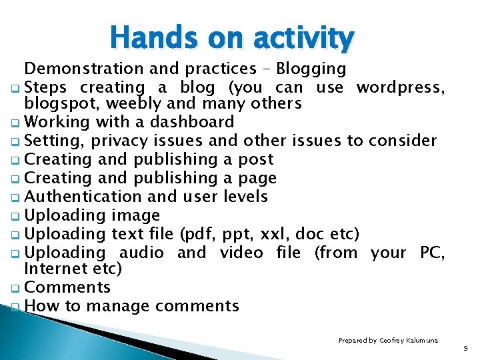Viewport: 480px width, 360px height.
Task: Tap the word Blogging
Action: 311,69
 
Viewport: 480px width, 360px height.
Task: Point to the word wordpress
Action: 401,87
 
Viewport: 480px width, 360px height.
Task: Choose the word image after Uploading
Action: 135,215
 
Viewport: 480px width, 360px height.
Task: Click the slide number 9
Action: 465,348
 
